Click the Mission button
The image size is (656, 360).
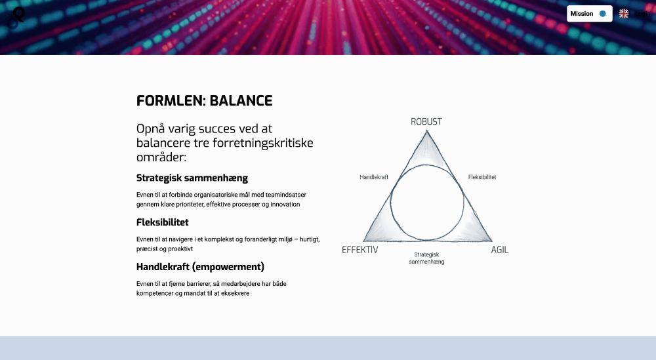[x=590, y=14]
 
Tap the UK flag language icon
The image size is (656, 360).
[x=623, y=14]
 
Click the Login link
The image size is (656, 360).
[x=643, y=14]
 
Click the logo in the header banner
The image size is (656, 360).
[x=16, y=18]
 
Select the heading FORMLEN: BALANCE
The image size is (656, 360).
[x=204, y=101]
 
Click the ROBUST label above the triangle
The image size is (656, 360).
[x=426, y=122]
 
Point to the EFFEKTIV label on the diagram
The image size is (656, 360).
[x=359, y=250]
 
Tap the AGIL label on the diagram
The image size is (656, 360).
[x=499, y=250]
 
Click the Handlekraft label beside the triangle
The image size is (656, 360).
[x=374, y=177]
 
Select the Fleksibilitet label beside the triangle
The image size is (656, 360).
[x=482, y=177]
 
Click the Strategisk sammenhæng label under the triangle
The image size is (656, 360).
[x=427, y=258]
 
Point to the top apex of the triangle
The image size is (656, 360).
[x=427, y=131]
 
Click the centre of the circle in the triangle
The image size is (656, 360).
[x=427, y=203]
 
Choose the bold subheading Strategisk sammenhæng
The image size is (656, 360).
[x=192, y=178]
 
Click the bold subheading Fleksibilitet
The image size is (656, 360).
[x=162, y=222]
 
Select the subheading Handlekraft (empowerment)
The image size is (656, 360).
[x=200, y=267]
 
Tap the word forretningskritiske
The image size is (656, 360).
[x=263, y=143]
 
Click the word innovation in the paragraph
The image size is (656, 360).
[x=285, y=205]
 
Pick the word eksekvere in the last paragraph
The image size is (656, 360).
[x=235, y=294]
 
